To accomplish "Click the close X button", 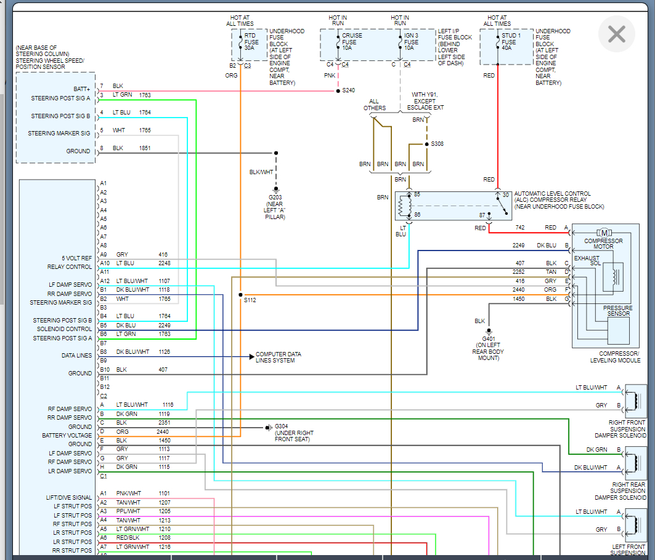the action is click(x=617, y=34).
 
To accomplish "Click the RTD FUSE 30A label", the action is click(x=251, y=42).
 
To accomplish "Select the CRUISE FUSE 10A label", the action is click(x=352, y=42).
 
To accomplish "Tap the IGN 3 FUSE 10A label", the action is click(x=411, y=42).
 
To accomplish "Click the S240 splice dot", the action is click(x=338, y=90).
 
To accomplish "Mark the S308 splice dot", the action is click(x=426, y=144).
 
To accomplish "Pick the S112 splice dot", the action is click(x=240, y=295).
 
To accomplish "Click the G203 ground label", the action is click(x=275, y=198).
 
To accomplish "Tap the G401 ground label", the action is click(x=489, y=339).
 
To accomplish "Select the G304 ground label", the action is click(x=281, y=426).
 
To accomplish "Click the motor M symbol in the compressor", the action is click(x=604, y=233).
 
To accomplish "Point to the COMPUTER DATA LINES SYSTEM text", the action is click(x=279, y=357).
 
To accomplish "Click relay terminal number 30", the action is click(x=505, y=195).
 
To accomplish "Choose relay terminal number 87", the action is click(x=482, y=215).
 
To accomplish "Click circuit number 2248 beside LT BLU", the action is click(x=164, y=263).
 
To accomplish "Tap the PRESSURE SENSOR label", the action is click(x=618, y=311).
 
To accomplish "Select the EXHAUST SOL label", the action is click(x=587, y=261).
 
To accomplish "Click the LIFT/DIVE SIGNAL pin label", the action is click(x=69, y=497).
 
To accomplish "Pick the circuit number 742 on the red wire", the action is click(x=519, y=228).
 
